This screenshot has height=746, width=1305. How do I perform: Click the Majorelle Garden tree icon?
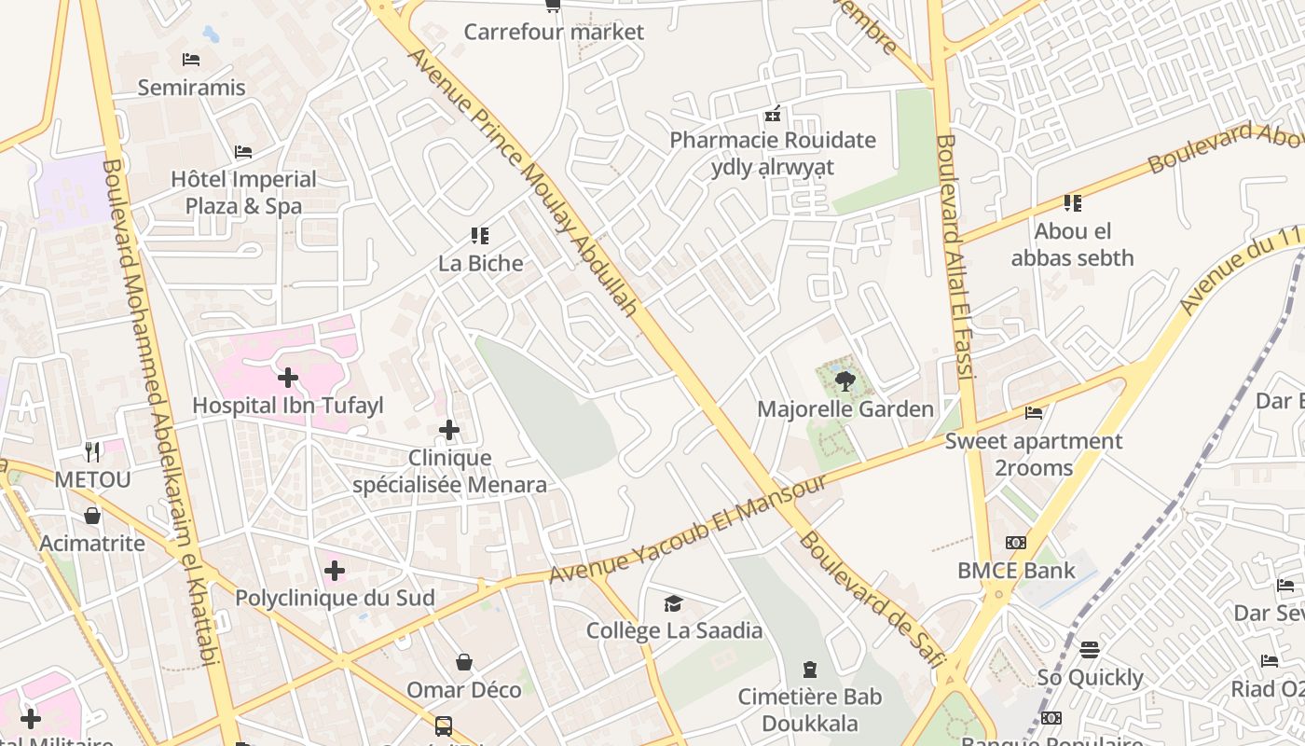click(x=845, y=380)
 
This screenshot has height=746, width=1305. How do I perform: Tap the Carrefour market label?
click(x=554, y=32)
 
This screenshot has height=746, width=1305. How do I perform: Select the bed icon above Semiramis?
click(x=191, y=60)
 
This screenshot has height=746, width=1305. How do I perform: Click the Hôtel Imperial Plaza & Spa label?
click(x=243, y=192)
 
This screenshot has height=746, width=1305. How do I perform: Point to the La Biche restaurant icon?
click(x=480, y=236)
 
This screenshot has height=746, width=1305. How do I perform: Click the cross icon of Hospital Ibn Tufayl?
click(x=288, y=378)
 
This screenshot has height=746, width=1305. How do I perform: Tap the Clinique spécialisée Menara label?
click(x=449, y=471)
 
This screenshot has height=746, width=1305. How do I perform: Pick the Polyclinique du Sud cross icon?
click(x=335, y=570)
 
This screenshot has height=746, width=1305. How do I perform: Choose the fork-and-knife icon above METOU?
click(x=92, y=452)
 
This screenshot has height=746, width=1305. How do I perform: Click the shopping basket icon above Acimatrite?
click(x=92, y=515)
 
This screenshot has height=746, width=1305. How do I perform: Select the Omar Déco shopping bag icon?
click(x=464, y=662)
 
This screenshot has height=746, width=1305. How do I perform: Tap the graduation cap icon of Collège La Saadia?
click(x=673, y=603)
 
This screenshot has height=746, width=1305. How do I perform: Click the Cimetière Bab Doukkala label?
click(x=809, y=710)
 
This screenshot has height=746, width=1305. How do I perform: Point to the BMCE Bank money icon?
click(x=1016, y=543)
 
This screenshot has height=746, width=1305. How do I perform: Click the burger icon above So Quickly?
click(x=1090, y=649)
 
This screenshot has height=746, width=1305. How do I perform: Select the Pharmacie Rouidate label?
click(x=773, y=140)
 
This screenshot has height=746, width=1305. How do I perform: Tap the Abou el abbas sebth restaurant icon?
click(x=1073, y=203)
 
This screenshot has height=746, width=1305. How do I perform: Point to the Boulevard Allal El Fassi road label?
click(x=955, y=256)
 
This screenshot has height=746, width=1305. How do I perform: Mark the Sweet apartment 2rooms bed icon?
click(x=1034, y=412)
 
